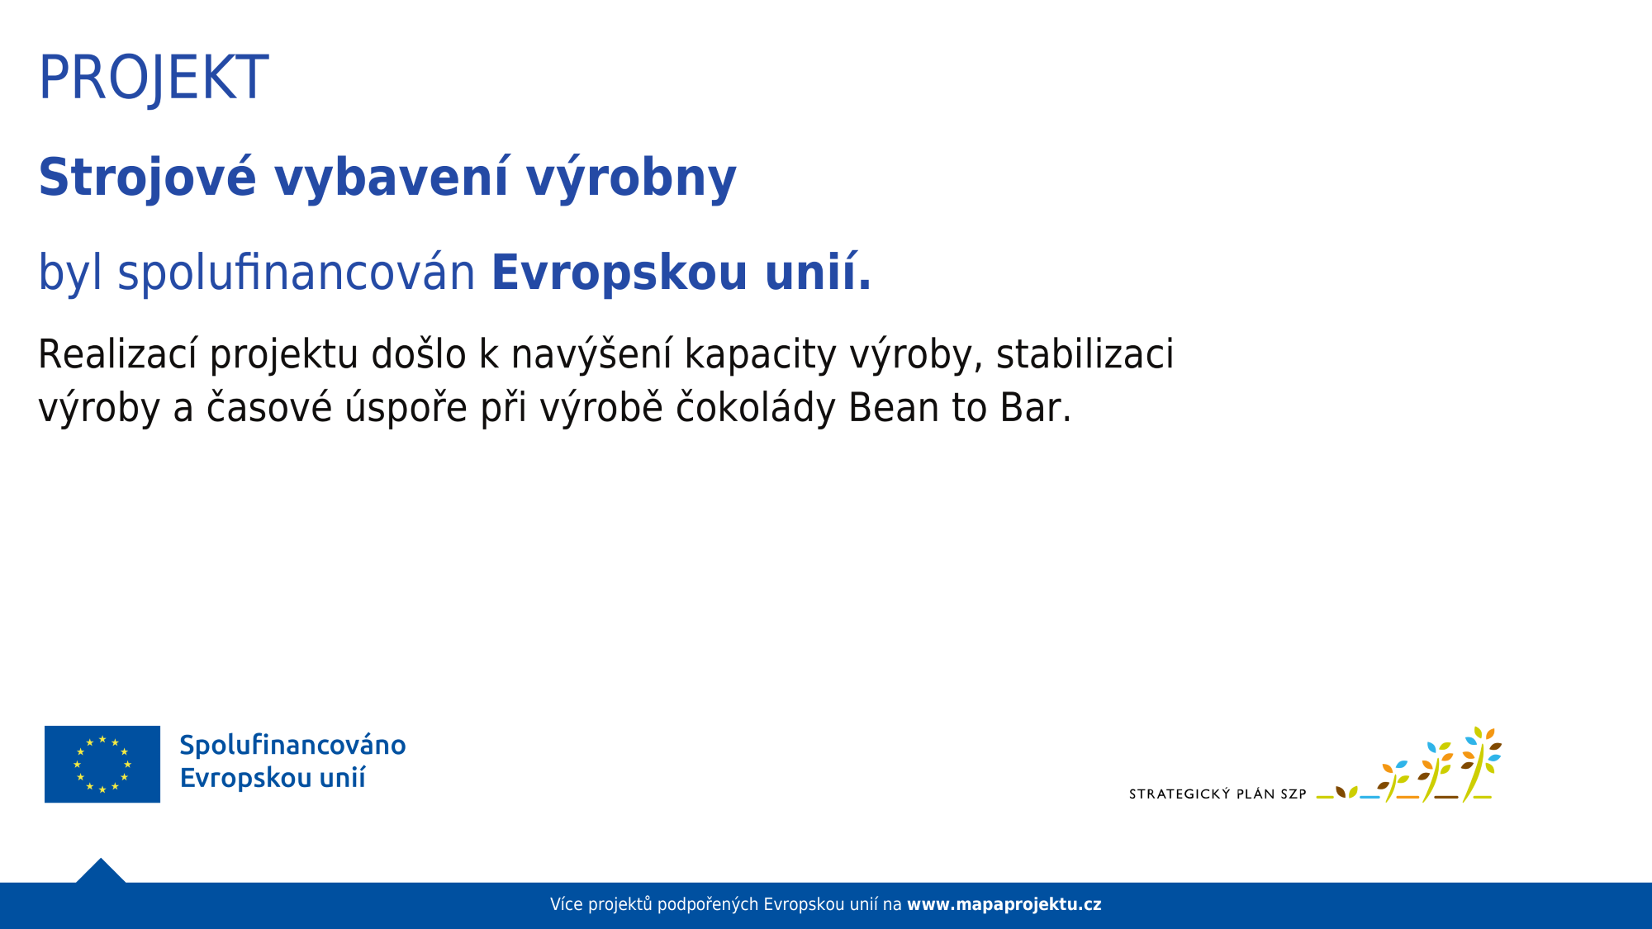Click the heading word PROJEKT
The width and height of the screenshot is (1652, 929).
[x=153, y=78]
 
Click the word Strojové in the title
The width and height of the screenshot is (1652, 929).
[x=147, y=178]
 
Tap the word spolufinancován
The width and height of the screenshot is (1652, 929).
[x=296, y=273]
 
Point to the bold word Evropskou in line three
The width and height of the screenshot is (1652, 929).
[x=619, y=273]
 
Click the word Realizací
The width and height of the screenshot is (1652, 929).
[x=116, y=355]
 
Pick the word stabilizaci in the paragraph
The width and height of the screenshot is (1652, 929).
[x=1084, y=355]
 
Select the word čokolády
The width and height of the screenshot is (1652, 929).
[x=755, y=408]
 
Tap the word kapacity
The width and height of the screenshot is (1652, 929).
[x=760, y=355]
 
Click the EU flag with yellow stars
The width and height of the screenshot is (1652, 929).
[x=102, y=764]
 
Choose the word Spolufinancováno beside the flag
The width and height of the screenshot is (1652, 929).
[x=292, y=745]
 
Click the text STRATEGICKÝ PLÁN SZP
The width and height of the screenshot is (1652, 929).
[x=1217, y=794]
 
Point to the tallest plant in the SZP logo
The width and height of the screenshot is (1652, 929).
[x=1480, y=764]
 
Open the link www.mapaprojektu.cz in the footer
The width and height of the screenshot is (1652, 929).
[x=1004, y=904]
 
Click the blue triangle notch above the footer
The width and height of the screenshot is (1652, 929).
[x=101, y=872]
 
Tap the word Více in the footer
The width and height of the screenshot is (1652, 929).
[x=566, y=904]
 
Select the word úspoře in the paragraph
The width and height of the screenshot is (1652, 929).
[x=406, y=408]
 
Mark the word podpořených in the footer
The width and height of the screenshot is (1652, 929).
[x=708, y=904]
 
